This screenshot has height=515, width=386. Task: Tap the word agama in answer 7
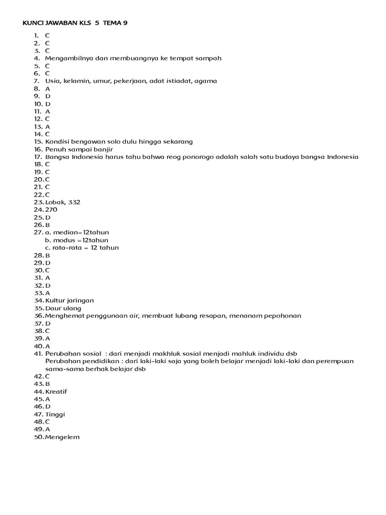(206, 80)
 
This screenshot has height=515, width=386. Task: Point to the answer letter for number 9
(48, 96)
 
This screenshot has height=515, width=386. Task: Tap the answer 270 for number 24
(51, 209)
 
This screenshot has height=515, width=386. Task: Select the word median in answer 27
(63, 232)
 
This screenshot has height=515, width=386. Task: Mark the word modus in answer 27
(63, 240)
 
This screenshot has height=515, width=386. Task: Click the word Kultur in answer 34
(54, 300)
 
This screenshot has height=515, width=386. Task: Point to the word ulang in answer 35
(71, 308)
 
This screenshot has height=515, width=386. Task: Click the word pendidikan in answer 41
(95, 361)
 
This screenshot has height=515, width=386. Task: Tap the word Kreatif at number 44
(56, 391)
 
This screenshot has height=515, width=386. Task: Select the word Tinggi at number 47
(55, 414)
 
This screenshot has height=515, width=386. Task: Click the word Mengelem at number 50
(62, 437)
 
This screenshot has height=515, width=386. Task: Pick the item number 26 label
(39, 225)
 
